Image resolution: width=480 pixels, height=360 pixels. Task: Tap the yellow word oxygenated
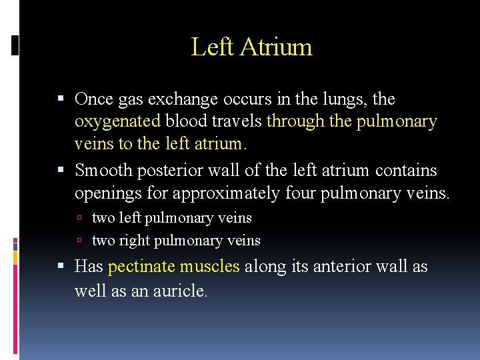118,121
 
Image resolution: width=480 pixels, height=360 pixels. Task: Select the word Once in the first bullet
93,99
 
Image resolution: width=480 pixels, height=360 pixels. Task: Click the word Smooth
103,171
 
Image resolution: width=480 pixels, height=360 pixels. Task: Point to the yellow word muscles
209,267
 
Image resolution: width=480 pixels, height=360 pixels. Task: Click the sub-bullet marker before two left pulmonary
79,219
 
